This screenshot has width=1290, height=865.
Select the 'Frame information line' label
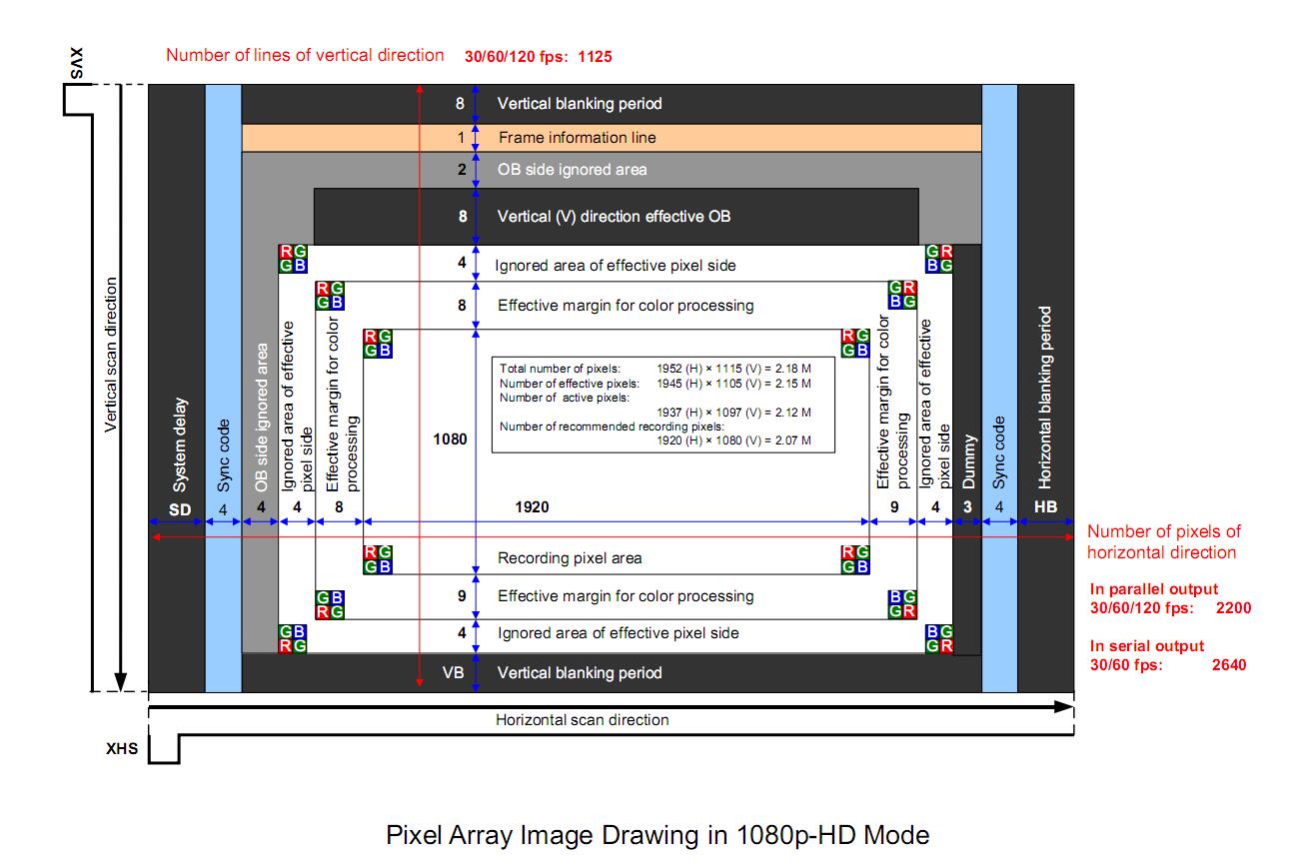(577, 138)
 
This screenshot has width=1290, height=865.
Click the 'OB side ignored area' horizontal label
(572, 170)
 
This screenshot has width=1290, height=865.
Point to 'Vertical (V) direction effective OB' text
(614, 216)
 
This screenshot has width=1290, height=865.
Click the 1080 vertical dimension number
(450, 437)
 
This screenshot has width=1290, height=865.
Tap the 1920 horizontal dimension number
(532, 507)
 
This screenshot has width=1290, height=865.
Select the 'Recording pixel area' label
(570, 558)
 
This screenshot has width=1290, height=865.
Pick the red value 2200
(1231, 607)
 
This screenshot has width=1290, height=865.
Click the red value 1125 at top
(595, 57)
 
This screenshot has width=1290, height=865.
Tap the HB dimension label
(1045, 507)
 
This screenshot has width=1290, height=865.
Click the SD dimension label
(179, 509)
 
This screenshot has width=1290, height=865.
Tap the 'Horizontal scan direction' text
(582, 719)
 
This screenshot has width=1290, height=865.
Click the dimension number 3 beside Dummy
(967, 507)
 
